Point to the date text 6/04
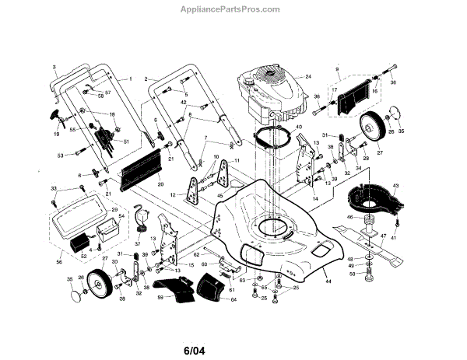[234, 337]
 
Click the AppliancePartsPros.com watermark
[234, 10]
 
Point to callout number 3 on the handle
[55, 68]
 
